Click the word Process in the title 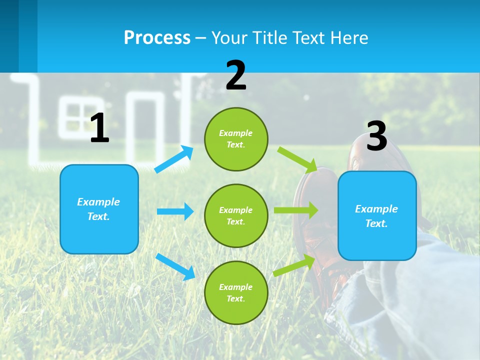[157, 37]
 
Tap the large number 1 [99, 128]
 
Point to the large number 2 [236, 75]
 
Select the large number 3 [377, 136]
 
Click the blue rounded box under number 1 [99, 209]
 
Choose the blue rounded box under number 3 [377, 215]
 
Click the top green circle [236, 139]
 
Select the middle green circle [236, 215]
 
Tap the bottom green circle [236, 292]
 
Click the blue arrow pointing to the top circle [174, 159]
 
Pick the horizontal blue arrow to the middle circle [175, 211]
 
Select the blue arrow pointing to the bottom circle [175, 266]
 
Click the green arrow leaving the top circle [297, 159]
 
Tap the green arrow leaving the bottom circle [294, 265]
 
